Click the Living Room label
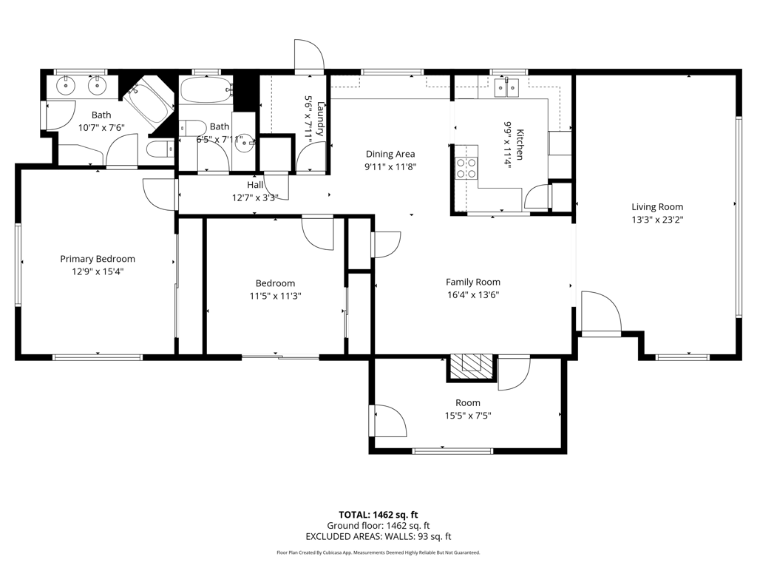[657, 207]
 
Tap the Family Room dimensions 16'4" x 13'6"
[472, 294]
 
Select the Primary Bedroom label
[98, 259]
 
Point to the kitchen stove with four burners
[466, 169]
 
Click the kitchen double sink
[507, 87]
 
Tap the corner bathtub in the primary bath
[148, 102]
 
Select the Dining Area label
[390, 154]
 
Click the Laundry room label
[321, 118]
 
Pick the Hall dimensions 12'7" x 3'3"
[255, 197]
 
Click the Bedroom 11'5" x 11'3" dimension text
[275, 296]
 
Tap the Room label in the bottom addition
[468, 403]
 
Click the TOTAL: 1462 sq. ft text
[378, 515]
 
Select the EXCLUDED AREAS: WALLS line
[378, 536]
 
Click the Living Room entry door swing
[600, 311]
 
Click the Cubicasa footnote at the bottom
[378, 552]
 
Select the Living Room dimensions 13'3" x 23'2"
[657, 220]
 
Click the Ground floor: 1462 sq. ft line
[378, 526]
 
